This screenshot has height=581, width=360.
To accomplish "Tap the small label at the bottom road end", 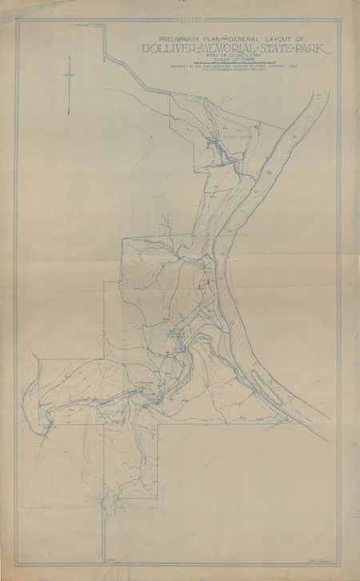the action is (110, 566).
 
